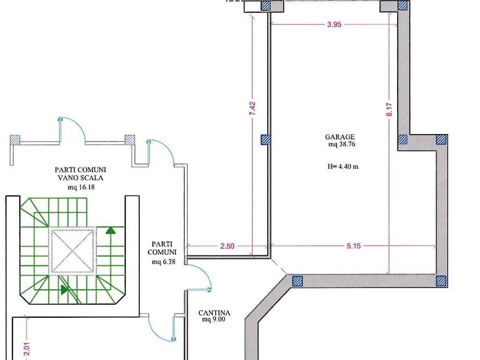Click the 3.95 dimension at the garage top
click(x=334, y=24)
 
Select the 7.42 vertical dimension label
click(x=252, y=109)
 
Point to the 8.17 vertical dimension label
click(x=389, y=109)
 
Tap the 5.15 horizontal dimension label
click(x=353, y=246)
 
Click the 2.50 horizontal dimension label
click(x=227, y=246)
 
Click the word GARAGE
click(x=340, y=137)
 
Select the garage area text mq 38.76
click(x=342, y=144)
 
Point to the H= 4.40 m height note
click(x=343, y=167)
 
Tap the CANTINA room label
click(x=214, y=313)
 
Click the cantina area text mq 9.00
click(x=214, y=320)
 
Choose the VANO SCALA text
click(x=81, y=178)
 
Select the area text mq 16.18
click(x=81, y=187)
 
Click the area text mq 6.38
click(x=164, y=262)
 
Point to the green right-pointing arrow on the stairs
click(x=64, y=290)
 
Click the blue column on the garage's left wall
click(x=266, y=140)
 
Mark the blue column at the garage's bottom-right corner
click(x=441, y=281)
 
